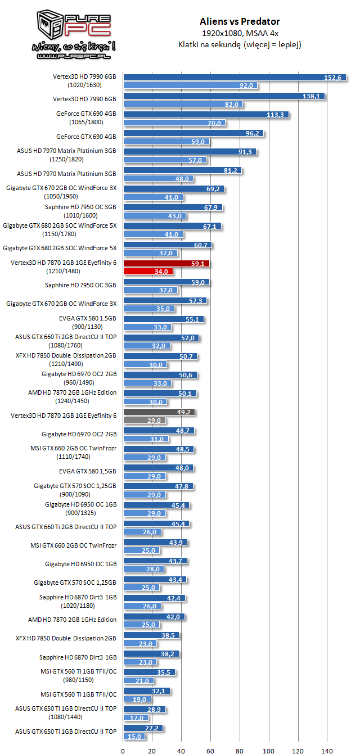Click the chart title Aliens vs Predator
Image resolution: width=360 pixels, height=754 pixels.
click(x=240, y=22)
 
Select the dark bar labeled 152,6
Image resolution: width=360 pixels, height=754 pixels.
click(x=227, y=78)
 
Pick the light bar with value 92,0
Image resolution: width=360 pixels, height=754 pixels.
click(x=191, y=85)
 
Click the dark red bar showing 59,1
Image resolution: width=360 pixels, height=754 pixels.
click(x=166, y=263)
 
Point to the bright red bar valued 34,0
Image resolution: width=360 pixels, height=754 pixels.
click(x=148, y=272)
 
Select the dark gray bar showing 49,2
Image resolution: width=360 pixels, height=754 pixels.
click(x=159, y=412)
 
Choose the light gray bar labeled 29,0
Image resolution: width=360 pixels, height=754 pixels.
click(x=145, y=420)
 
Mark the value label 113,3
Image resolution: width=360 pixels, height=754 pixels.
click(x=278, y=115)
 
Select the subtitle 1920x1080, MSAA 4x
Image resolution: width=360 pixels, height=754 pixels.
click(x=240, y=34)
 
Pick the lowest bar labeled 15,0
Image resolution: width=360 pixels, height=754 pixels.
click(x=134, y=736)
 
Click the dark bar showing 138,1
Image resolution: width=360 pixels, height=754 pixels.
click(x=224, y=96)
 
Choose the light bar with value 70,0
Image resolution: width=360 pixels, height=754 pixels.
click(x=174, y=123)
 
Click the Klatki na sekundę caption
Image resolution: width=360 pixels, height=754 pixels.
click(x=240, y=45)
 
